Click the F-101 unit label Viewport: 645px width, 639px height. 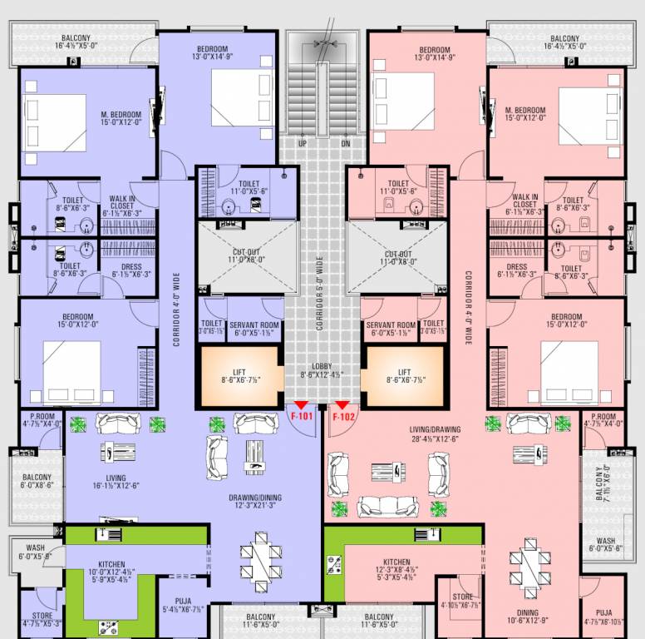pos(300,417)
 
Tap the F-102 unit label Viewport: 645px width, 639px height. pos(343,417)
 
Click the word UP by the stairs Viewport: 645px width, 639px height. pos(302,143)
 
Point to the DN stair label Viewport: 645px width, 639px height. pos(346,143)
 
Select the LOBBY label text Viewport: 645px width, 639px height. pos(322,366)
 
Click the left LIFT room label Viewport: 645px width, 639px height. pos(239,373)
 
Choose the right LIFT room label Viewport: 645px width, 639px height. pos(405,373)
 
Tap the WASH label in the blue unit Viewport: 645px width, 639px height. pos(35,548)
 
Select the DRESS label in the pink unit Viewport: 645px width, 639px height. pos(517,267)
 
